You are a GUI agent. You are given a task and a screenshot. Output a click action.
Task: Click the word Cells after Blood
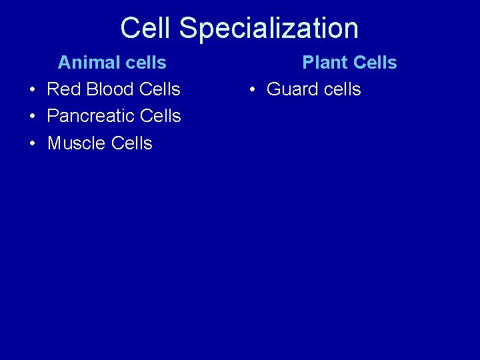coord(161,89)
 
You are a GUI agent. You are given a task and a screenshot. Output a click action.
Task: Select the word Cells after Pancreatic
coord(161,116)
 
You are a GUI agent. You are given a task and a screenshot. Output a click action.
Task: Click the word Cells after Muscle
coord(132,143)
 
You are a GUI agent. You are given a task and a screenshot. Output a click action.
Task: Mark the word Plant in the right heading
coord(325,63)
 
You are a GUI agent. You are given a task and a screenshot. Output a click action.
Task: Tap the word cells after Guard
coord(341,89)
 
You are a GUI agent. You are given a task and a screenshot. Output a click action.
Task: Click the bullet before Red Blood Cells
coord(31,90)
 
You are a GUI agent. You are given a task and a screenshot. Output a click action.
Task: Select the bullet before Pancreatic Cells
coord(31,117)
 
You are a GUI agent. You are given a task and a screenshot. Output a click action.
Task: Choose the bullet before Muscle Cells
coord(31,144)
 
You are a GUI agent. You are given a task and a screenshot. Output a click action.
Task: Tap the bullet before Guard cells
coord(251,90)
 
